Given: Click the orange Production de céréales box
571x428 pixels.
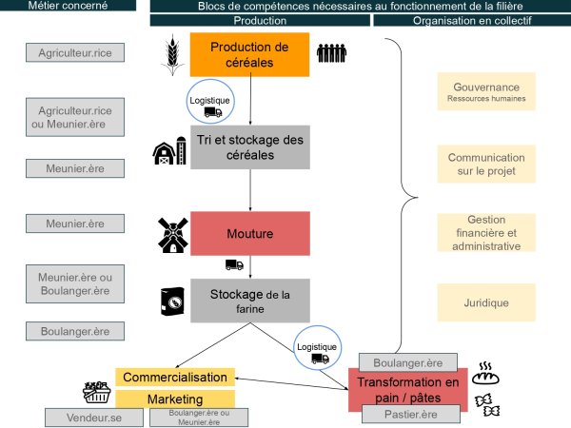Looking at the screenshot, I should point(249,54).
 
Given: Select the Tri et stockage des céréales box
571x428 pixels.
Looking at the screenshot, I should point(249,146).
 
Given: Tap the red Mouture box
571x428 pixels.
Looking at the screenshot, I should point(249,233).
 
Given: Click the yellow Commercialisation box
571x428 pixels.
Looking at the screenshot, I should point(175,378).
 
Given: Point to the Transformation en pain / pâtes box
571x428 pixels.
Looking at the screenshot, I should point(407,390).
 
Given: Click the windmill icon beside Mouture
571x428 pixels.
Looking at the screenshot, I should point(171,234).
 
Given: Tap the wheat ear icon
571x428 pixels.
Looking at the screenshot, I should point(171,53).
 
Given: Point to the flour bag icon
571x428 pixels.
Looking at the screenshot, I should point(171,301).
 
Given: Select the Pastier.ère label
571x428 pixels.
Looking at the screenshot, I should point(411,416).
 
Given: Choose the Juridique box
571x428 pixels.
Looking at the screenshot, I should point(486,302).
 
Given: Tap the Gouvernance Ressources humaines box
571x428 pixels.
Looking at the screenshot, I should point(486,91).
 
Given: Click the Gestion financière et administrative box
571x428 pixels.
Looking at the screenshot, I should point(486,233).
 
